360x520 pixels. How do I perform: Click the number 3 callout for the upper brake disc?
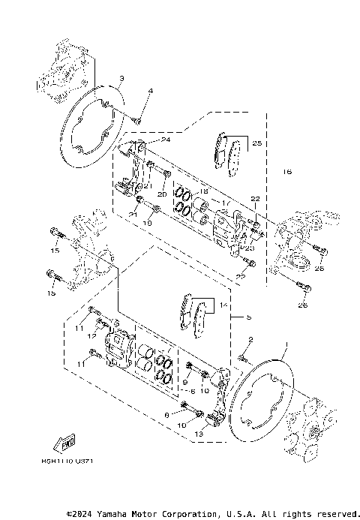(x=121, y=79)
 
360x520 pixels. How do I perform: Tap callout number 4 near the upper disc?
(x=150, y=92)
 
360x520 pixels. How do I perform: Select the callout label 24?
(x=166, y=140)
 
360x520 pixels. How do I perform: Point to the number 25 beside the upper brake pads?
(x=256, y=143)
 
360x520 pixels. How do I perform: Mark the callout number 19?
(x=147, y=222)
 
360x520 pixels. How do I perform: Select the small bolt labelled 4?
(x=138, y=116)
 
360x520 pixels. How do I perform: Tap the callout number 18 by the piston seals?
(x=182, y=191)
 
